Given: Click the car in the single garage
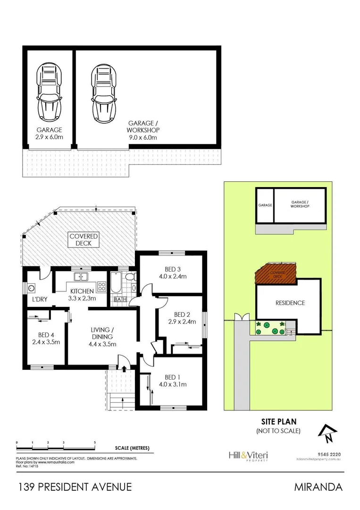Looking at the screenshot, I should click(x=50, y=93).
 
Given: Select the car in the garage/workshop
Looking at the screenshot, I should click(x=104, y=93).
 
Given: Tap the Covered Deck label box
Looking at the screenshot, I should click(x=83, y=239).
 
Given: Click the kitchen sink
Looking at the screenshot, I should click(x=82, y=278).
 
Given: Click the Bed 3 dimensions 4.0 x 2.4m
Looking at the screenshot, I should click(x=170, y=277).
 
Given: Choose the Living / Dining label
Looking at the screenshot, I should click(x=101, y=330).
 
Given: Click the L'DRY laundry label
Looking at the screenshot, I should click(x=38, y=300).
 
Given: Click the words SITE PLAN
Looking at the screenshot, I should click(x=278, y=421).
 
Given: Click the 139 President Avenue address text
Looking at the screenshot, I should click(x=75, y=487).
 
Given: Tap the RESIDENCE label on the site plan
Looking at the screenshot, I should click(x=290, y=303).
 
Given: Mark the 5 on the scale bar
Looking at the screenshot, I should click(x=95, y=442).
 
